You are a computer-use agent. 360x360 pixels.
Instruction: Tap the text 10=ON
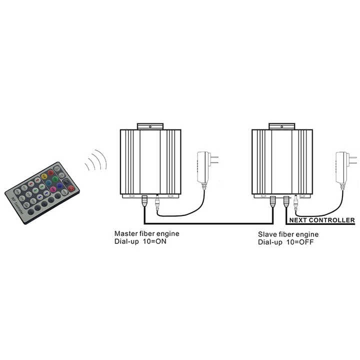[x=154, y=241]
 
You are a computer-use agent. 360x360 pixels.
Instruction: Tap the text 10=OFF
[x=300, y=242]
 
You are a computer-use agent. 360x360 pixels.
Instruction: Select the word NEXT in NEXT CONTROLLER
[x=298, y=220]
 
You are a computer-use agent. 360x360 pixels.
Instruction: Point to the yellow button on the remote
[x=44, y=176]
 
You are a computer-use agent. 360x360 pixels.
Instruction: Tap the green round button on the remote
[x=54, y=179]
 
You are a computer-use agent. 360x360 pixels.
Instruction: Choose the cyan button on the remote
[x=48, y=183]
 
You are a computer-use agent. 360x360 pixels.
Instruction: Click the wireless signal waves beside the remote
[x=96, y=160]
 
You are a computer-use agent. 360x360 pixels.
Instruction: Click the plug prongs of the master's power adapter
[x=213, y=160]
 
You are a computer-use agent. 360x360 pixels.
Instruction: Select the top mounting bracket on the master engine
[x=150, y=126]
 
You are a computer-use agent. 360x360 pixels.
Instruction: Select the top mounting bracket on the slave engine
[x=281, y=126]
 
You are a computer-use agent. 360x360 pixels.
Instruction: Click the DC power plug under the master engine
[x=157, y=202]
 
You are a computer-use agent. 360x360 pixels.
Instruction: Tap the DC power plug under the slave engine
[x=296, y=202]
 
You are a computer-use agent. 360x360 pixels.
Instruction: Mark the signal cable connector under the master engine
[x=144, y=201]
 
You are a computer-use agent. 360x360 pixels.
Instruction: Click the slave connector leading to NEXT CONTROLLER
[x=286, y=202]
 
